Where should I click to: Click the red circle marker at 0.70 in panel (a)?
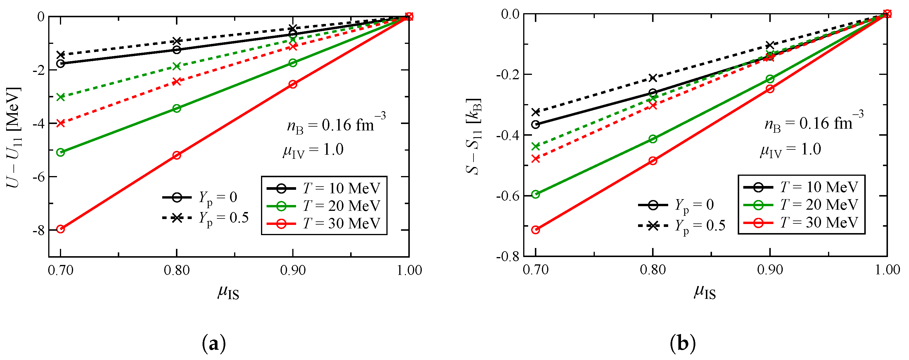pyautogui.click(x=61, y=229)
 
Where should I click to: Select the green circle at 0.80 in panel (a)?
pyautogui.click(x=177, y=108)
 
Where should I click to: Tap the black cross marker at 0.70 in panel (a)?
pyautogui.click(x=61, y=55)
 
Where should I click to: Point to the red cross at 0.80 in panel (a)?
pyautogui.click(x=177, y=82)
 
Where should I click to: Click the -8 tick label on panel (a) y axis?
pyautogui.click(x=39, y=230)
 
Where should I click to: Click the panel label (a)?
pyautogui.click(x=214, y=343)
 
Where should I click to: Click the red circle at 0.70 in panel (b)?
pyautogui.click(x=536, y=230)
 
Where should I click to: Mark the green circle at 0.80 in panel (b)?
pyautogui.click(x=653, y=139)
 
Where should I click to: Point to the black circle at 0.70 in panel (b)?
pyautogui.click(x=536, y=125)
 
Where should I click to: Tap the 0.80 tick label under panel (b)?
pyautogui.click(x=653, y=270)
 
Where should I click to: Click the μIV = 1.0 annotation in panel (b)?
pyautogui.click(x=790, y=150)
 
